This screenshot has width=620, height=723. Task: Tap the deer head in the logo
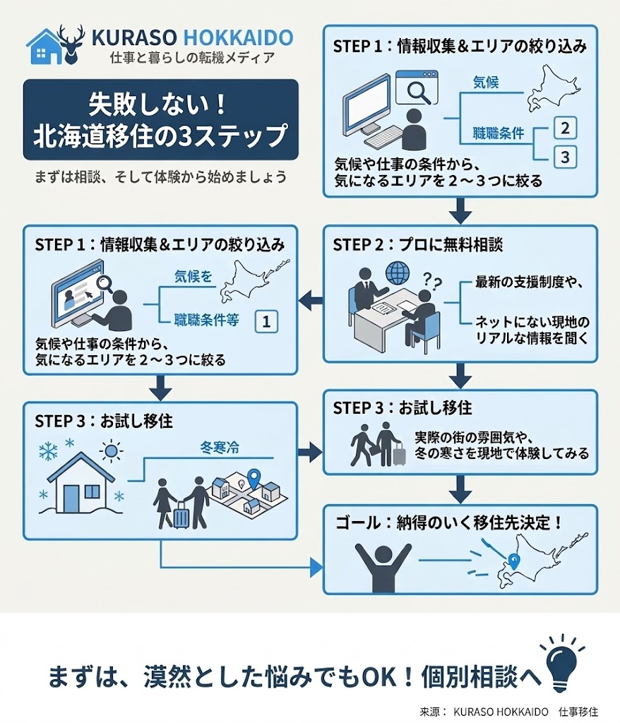(x=71, y=44)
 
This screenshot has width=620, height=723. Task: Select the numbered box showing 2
(x=565, y=128)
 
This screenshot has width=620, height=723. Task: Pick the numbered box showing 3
(x=565, y=157)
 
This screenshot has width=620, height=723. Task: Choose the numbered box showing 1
(x=266, y=321)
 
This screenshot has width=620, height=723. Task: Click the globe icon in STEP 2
(x=397, y=273)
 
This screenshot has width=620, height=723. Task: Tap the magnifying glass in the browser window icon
(x=419, y=92)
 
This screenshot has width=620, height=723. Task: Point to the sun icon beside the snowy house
(x=110, y=450)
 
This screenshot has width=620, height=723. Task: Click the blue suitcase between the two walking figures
(x=181, y=515)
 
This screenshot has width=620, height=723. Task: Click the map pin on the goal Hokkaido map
(x=513, y=561)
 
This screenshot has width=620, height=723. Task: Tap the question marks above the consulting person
(x=432, y=280)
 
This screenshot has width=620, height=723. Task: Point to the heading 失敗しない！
(x=157, y=105)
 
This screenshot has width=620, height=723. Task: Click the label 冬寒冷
(x=220, y=447)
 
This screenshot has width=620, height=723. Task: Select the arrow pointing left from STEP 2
(x=311, y=301)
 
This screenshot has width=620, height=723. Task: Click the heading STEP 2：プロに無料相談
(x=418, y=244)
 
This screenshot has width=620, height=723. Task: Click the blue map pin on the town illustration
(x=254, y=478)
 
